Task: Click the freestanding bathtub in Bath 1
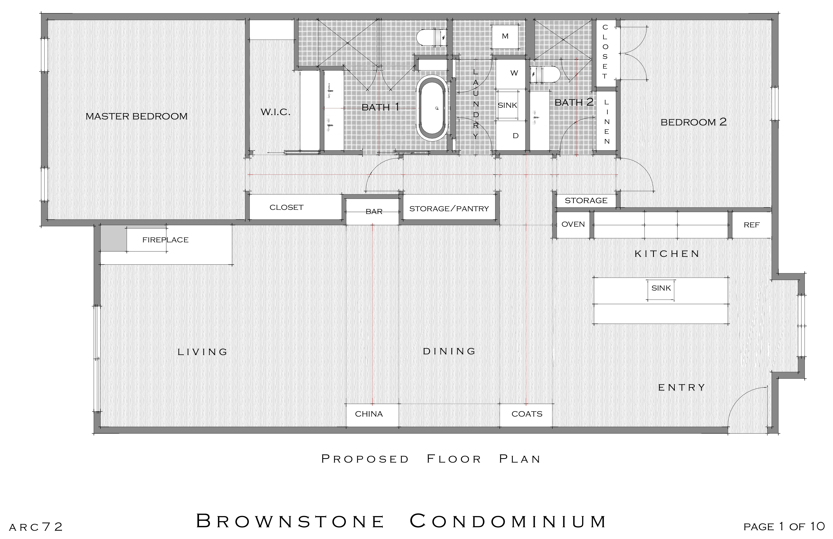pyautogui.click(x=433, y=109)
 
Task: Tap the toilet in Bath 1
pyautogui.click(x=431, y=37)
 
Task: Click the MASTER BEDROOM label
pyautogui.click(x=136, y=116)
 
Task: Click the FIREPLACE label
pyautogui.click(x=165, y=240)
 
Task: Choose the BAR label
pyautogui.click(x=374, y=211)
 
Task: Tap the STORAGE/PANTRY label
pyautogui.click(x=449, y=208)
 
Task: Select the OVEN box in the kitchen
pyautogui.click(x=573, y=224)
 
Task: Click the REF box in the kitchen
pyautogui.click(x=751, y=225)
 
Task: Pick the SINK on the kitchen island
pyautogui.click(x=661, y=288)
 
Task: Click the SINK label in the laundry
pyautogui.click(x=507, y=105)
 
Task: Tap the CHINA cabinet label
pyautogui.click(x=369, y=414)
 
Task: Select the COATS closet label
pyautogui.click(x=527, y=414)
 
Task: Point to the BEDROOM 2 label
pyautogui.click(x=693, y=122)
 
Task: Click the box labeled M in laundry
pyautogui.click(x=505, y=36)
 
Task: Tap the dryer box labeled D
pyautogui.click(x=515, y=136)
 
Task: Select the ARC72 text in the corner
pyautogui.click(x=36, y=527)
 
